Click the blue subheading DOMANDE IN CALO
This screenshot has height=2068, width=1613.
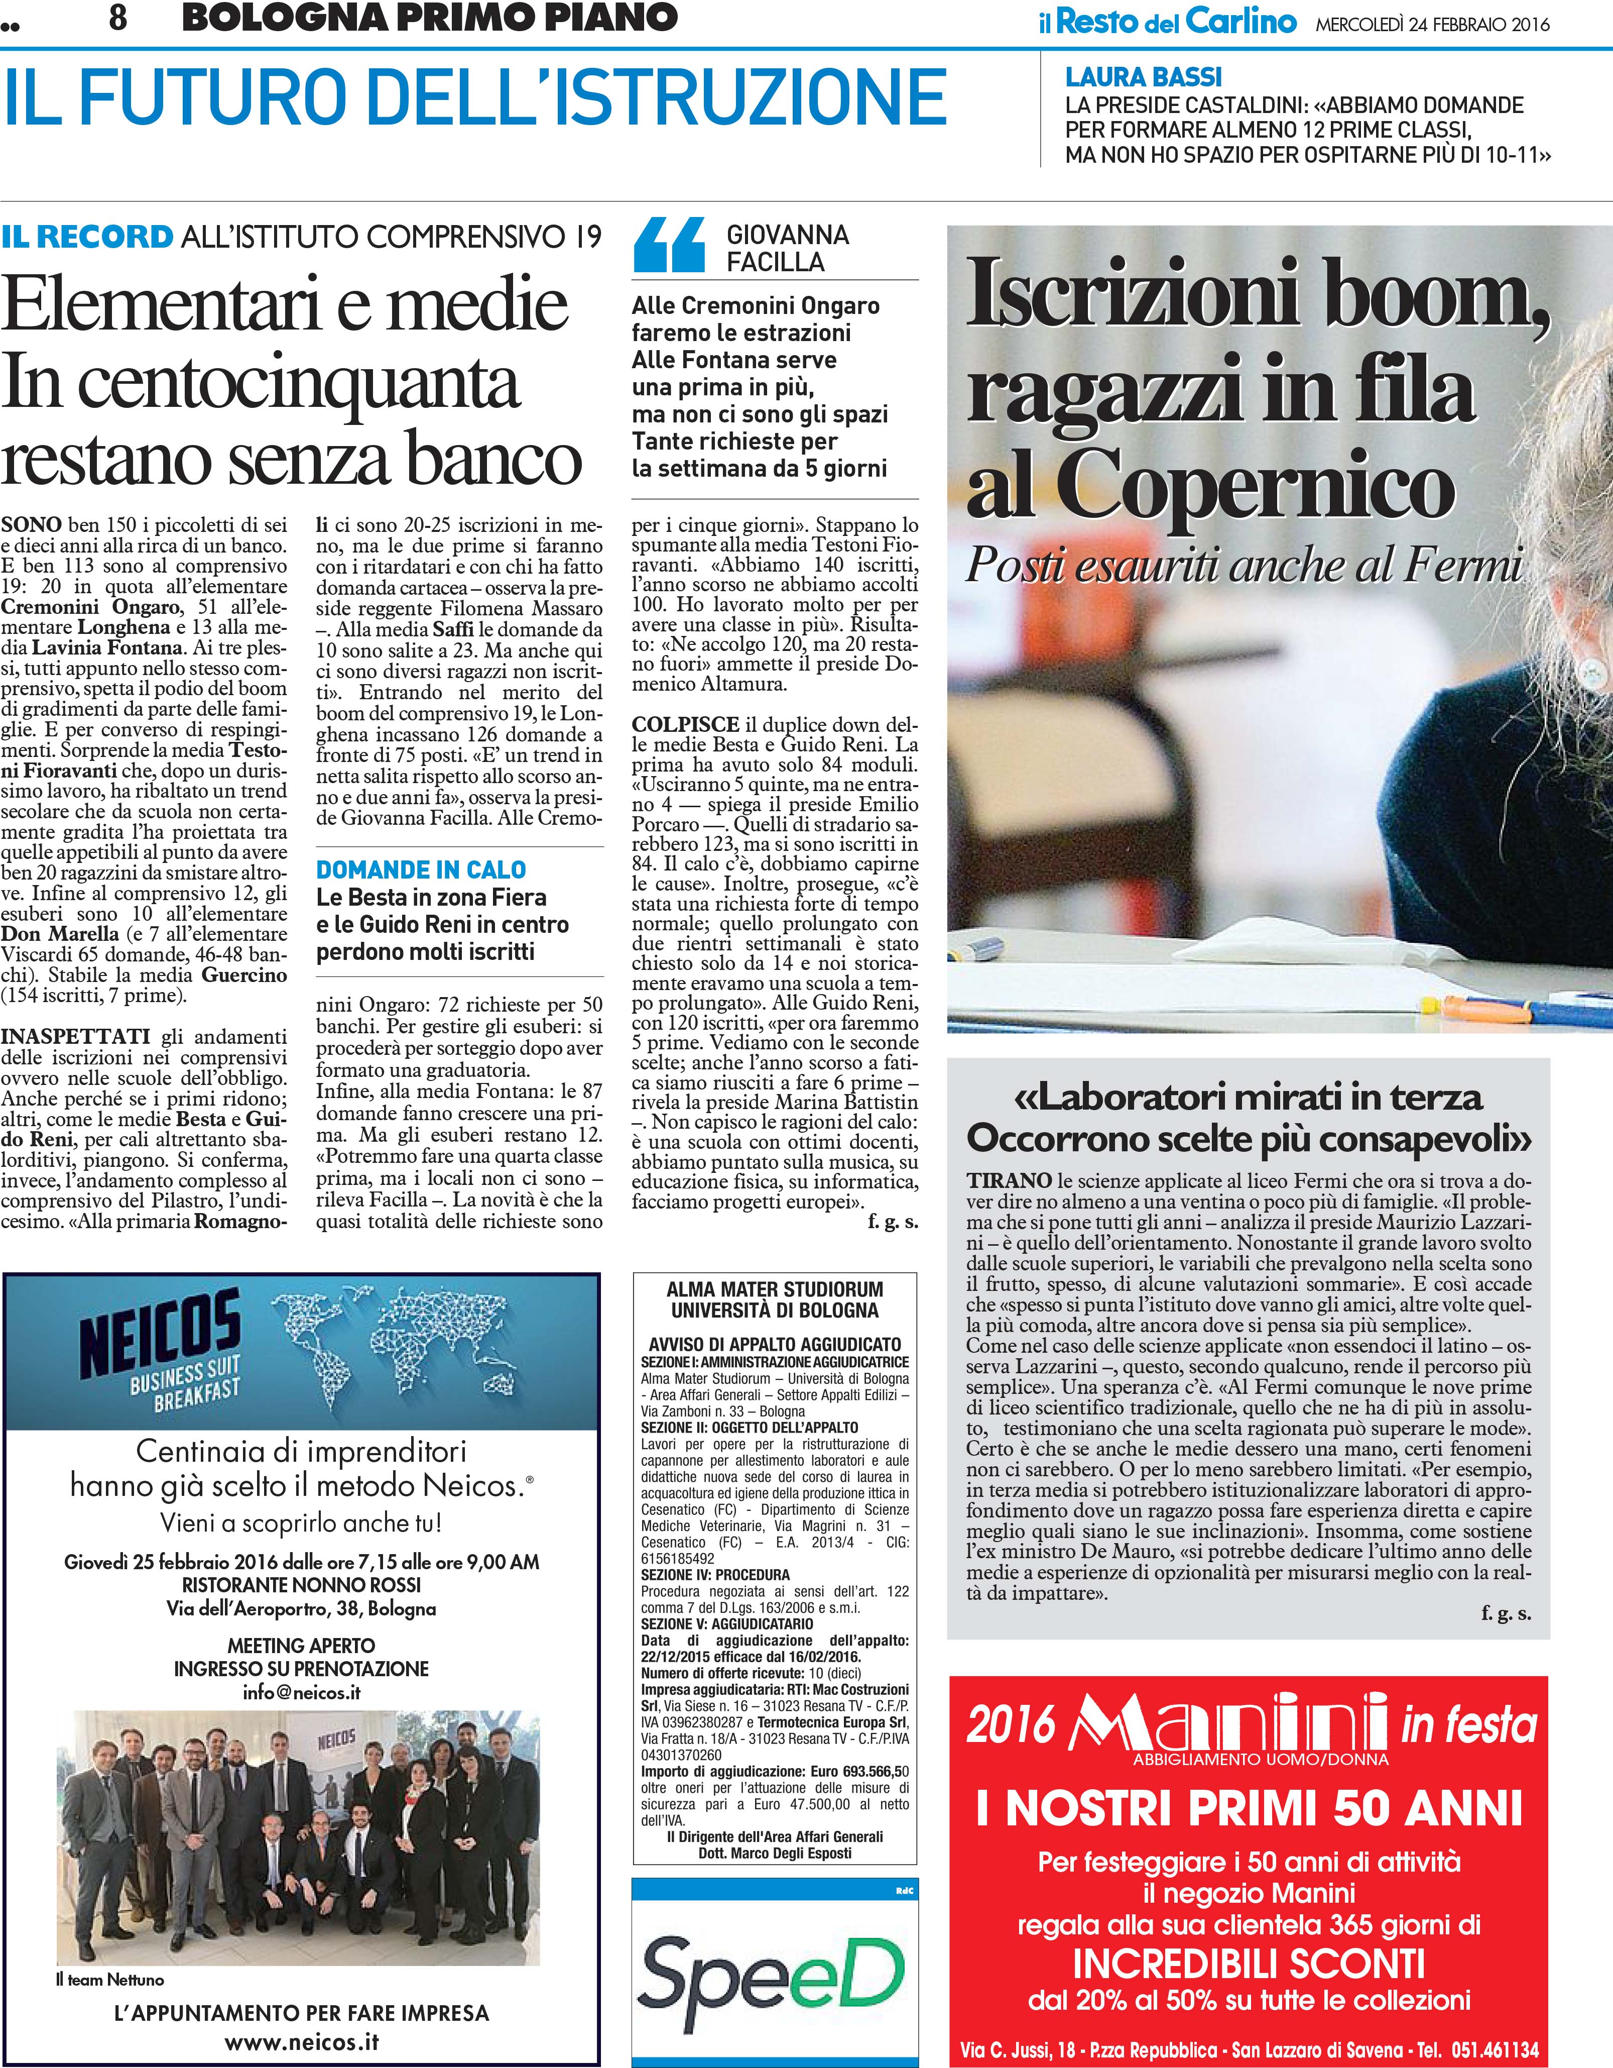tap(420, 869)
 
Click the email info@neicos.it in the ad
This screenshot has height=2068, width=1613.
tap(301, 1692)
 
